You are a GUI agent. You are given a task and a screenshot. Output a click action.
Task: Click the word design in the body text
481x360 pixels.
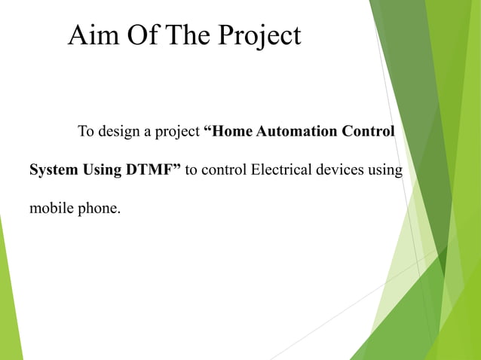[121, 133]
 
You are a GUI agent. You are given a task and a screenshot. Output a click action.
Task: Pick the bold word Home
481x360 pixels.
[231, 132]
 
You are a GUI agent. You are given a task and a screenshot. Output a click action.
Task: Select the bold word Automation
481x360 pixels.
[297, 132]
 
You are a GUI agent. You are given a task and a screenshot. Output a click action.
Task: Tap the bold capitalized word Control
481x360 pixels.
[369, 132]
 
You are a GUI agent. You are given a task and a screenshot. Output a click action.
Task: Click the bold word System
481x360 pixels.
[54, 170]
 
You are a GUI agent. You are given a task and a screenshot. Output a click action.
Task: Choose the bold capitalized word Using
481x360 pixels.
[102, 170]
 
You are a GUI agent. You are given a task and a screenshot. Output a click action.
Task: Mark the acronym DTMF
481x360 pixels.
[152, 169]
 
